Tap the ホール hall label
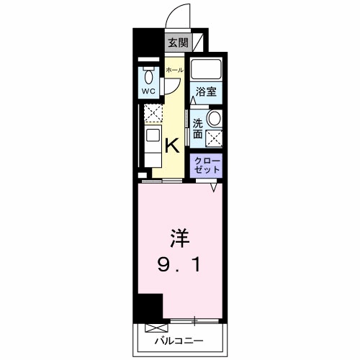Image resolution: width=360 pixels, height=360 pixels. click(x=174, y=70)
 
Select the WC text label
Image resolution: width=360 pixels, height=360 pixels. click(x=148, y=91)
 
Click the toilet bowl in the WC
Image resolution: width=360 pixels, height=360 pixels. click(x=148, y=76)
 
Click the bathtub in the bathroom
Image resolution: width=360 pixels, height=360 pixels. click(x=207, y=70)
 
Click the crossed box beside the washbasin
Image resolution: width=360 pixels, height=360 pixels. click(x=214, y=138)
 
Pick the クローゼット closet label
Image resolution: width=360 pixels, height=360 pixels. click(x=207, y=165)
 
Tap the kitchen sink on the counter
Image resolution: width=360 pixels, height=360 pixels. click(x=153, y=135)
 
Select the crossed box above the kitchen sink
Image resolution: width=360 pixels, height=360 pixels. click(x=152, y=112)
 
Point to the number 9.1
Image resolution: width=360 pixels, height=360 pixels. click(x=179, y=266)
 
